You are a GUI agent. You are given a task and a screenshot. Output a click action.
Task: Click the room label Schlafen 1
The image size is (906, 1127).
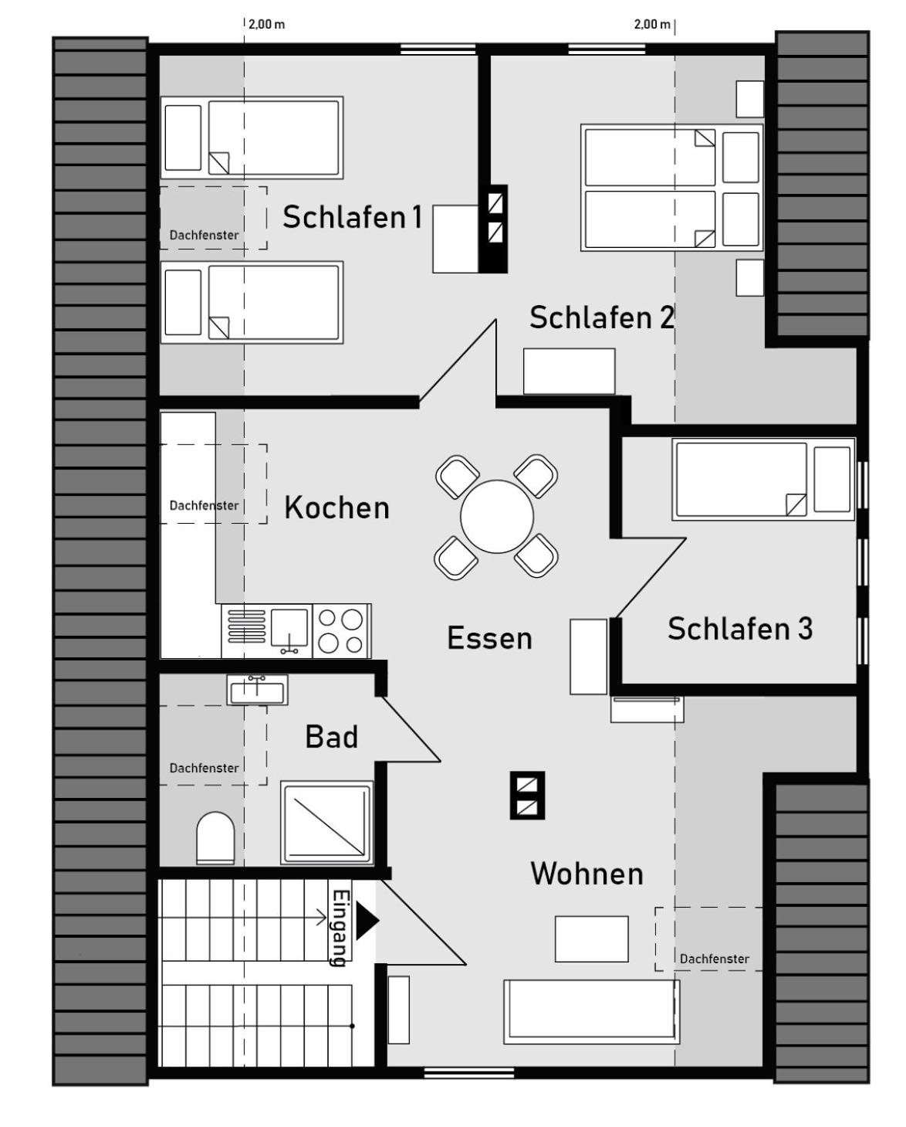coord(352,217)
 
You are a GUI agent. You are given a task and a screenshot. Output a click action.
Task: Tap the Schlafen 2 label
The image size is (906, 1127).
coord(602,317)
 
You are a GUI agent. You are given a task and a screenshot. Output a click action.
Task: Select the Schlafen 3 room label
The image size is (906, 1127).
coord(740,629)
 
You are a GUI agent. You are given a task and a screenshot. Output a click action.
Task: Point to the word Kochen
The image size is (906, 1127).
coord(337,507)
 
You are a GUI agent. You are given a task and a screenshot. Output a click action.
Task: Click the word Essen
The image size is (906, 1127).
coord(490,638)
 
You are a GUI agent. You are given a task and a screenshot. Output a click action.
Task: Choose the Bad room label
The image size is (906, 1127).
coord(332,737)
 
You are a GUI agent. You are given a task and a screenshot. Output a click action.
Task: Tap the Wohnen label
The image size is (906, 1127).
coord(587,874)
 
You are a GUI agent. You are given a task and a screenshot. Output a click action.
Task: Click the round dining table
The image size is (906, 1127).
coord(497,516)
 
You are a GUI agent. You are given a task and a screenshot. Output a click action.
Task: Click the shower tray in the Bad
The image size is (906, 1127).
coord(327,823)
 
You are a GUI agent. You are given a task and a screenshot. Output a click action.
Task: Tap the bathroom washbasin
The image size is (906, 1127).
coord(257,690)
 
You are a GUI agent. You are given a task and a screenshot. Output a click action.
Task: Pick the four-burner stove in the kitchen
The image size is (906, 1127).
coord(341,631)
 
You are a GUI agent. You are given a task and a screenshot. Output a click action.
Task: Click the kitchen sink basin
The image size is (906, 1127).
coord(289,627)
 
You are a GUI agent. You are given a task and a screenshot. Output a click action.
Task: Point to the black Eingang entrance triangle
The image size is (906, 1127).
coord(367,920)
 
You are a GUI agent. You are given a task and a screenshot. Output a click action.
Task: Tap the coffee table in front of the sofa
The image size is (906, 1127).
coord(591,939)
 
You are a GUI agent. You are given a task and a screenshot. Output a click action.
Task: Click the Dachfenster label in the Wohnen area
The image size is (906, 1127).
coord(715,959)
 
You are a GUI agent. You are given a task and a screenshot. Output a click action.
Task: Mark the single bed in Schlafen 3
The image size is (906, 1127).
coord(763,479)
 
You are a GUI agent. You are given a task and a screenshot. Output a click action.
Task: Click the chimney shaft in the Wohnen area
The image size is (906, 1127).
coord(527,796)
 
